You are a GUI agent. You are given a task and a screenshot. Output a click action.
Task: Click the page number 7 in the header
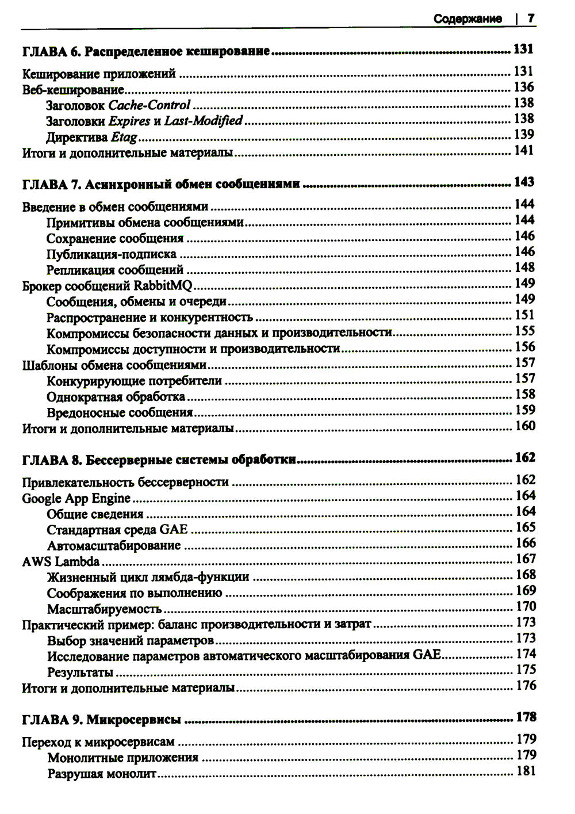coord(531,18)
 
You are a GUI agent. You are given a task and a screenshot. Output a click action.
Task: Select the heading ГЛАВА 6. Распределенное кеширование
coord(146,52)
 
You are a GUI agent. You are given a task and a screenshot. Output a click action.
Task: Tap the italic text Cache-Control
coord(149,105)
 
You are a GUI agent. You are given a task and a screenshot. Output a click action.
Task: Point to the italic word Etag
coord(124,137)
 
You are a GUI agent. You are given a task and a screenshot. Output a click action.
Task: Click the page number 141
coord(524,151)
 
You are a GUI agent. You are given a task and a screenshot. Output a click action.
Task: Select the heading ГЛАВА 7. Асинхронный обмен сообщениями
coord(161,185)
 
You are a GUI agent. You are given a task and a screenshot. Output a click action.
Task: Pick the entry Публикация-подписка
coord(112,254)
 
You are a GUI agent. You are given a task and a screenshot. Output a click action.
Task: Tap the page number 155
coord(524,331)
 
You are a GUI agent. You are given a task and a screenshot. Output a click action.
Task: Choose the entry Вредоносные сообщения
coord(120,412)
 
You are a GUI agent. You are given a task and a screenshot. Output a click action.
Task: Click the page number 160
coord(524,426)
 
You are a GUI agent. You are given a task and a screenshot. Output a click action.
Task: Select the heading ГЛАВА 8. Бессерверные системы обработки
coord(159,460)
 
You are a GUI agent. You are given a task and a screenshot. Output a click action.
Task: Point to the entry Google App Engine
coord(76,498)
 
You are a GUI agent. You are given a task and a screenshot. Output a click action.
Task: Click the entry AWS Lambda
coord(61,561)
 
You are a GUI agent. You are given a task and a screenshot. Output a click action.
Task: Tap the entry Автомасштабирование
coord(114,545)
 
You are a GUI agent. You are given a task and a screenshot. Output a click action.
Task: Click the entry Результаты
coord(80,672)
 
